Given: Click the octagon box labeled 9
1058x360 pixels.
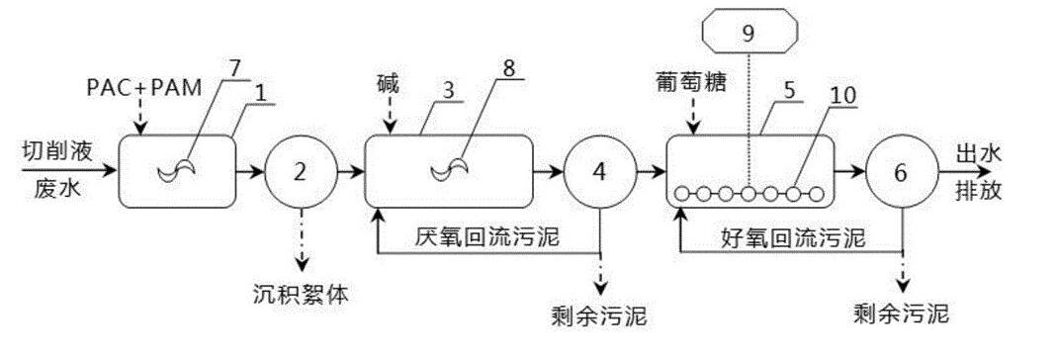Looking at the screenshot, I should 749,33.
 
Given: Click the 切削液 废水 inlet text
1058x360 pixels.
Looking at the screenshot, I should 51,171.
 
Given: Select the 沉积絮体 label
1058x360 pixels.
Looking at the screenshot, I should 300,294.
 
